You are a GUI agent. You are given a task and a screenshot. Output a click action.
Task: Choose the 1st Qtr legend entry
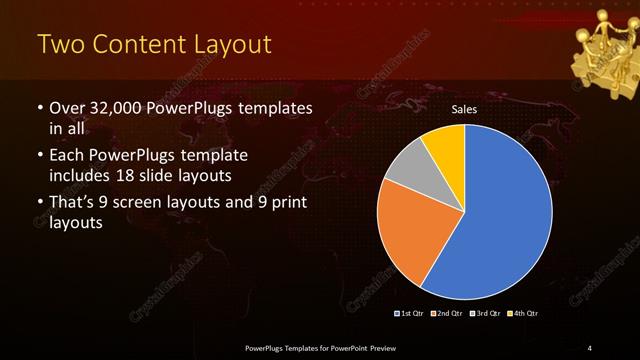(x=409, y=314)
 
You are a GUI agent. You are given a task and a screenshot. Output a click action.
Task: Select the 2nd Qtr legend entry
(x=446, y=314)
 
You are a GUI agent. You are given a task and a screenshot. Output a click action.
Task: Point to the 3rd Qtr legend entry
(x=486, y=314)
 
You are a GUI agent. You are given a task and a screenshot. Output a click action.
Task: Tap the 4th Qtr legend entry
(x=523, y=314)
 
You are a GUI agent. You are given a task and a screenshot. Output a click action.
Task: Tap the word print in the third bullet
(x=286, y=203)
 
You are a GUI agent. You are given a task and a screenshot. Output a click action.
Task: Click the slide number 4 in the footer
(x=589, y=347)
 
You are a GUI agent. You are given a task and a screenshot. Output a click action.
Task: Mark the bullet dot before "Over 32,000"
(x=39, y=108)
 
